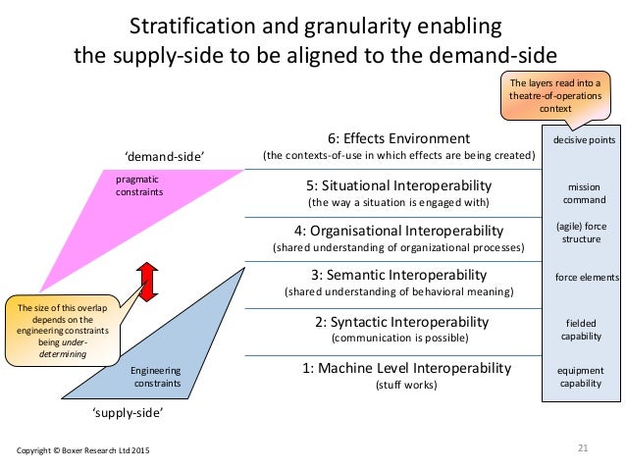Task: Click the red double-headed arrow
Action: click(x=146, y=282)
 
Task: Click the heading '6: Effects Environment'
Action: click(x=398, y=138)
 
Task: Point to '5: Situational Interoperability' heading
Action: click(x=398, y=185)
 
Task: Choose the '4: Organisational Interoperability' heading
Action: click(x=398, y=231)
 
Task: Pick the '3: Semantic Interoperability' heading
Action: click(x=398, y=274)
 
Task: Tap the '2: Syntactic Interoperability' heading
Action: click(x=398, y=322)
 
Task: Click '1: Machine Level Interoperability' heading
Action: click(x=398, y=368)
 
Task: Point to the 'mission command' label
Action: click(x=584, y=192)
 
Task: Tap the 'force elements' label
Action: click(x=584, y=278)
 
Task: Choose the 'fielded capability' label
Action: click(x=584, y=329)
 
